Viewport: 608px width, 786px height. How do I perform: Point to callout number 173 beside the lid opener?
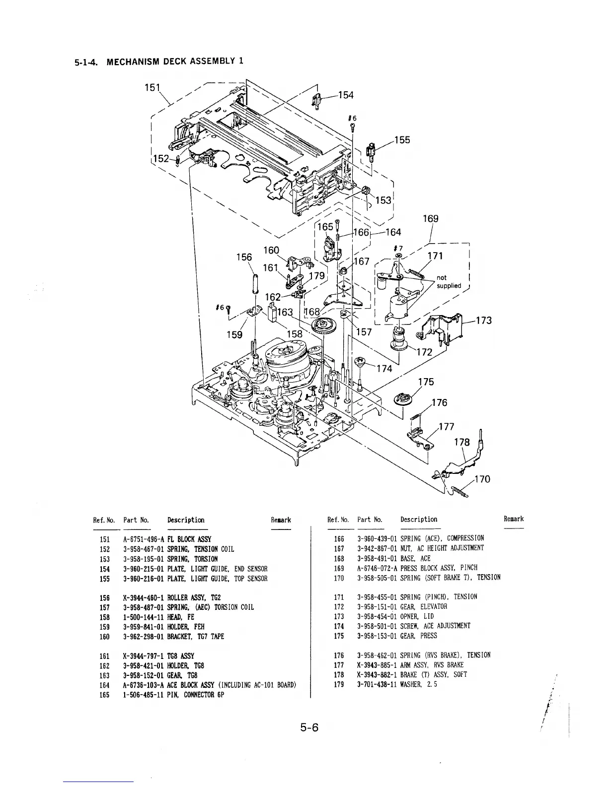pyautogui.click(x=483, y=321)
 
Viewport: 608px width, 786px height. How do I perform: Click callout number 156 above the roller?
pyautogui.click(x=244, y=257)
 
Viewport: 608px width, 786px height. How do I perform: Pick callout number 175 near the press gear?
pyautogui.click(x=426, y=382)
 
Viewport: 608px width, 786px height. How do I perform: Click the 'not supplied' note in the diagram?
pyautogui.click(x=449, y=282)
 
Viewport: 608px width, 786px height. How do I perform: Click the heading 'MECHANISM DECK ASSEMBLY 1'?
pyautogui.click(x=176, y=62)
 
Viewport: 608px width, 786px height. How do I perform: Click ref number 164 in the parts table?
pyautogui.click(x=104, y=685)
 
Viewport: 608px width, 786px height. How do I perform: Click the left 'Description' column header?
pyautogui.click(x=186, y=520)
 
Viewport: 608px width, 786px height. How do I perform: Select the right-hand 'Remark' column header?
pyautogui.click(x=514, y=519)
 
